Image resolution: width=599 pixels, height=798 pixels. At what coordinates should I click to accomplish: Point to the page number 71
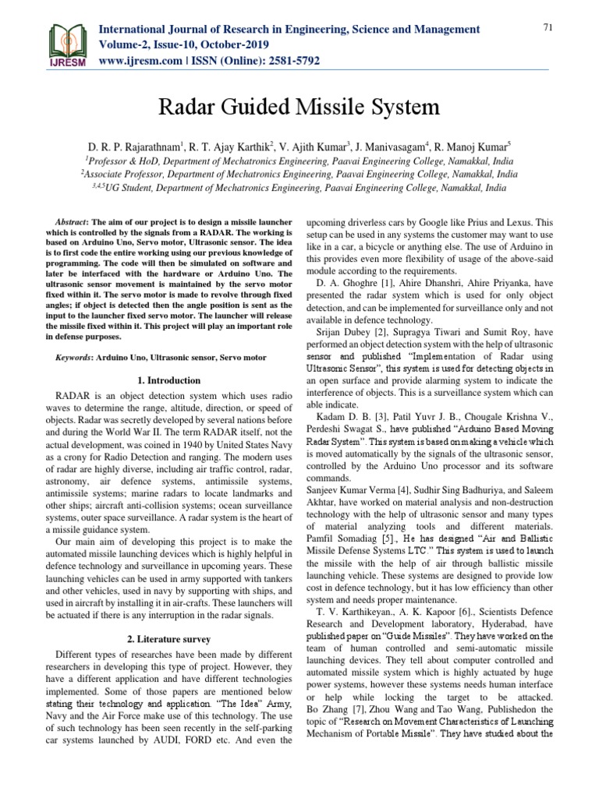548,28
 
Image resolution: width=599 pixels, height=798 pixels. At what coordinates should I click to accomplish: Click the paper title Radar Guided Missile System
299,106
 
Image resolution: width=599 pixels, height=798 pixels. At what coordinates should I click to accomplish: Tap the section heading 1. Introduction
168,380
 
